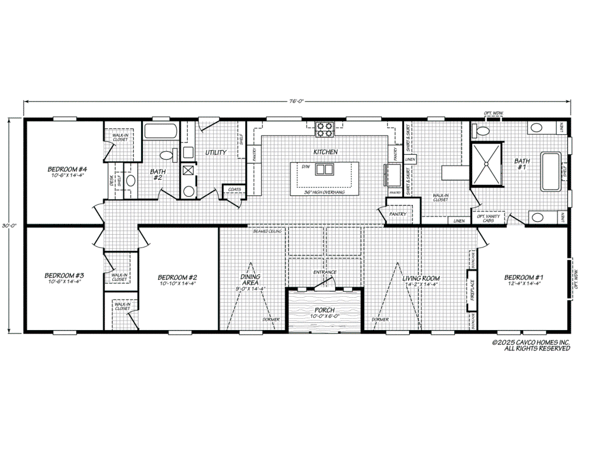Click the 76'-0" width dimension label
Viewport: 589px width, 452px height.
pyautogui.click(x=297, y=101)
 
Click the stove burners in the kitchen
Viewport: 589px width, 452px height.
pyautogui.click(x=324, y=129)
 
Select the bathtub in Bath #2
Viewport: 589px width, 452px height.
pyautogui.click(x=160, y=131)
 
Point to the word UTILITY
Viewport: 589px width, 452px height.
pyautogui.click(x=216, y=152)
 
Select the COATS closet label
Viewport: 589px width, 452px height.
pyautogui.click(x=234, y=189)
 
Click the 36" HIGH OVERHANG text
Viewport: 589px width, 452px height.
pyautogui.click(x=324, y=192)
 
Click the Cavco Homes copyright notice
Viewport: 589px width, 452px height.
pyautogui.click(x=530, y=345)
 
